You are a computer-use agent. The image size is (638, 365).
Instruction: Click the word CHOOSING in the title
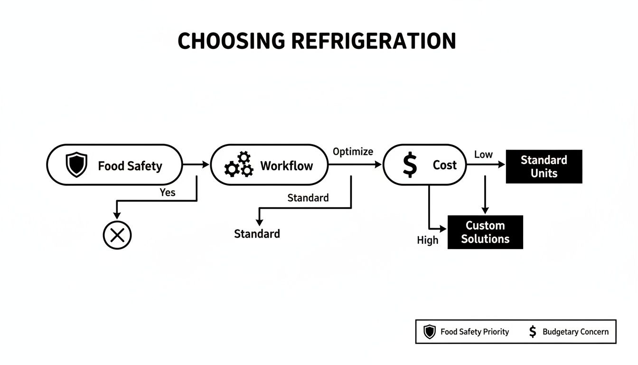pos(231,41)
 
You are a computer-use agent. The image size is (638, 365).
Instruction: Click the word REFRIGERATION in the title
pos(373,41)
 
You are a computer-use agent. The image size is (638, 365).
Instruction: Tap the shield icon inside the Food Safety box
pos(76,165)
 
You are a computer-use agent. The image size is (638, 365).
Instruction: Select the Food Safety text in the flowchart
pos(130,166)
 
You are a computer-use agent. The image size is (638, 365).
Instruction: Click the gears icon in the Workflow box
pos(239,165)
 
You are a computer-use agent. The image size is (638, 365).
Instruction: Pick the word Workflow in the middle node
pos(286,165)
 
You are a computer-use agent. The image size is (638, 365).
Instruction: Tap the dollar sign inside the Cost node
pos(409,165)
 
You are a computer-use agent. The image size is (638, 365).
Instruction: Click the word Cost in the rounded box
pos(444,165)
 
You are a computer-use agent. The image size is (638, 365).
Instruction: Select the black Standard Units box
pos(544,166)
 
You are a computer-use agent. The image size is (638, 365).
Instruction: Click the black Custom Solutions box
pos(485,232)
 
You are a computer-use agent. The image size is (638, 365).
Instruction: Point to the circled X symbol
pos(117,235)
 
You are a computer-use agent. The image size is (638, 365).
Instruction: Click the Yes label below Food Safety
pos(167,192)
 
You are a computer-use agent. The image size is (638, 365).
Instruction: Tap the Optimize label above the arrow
pos(353,152)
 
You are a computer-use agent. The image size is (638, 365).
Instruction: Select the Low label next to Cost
pos(483,154)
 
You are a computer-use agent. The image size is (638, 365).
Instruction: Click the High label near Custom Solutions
pos(427,240)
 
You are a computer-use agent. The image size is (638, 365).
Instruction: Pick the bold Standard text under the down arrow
pos(257,234)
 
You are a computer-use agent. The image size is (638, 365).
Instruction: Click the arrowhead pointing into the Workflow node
pos(206,164)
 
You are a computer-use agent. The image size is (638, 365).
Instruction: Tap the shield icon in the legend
pos(429,332)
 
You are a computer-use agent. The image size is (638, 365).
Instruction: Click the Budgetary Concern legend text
pos(575,332)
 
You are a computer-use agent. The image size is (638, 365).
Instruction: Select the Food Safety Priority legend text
pos(474,332)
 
